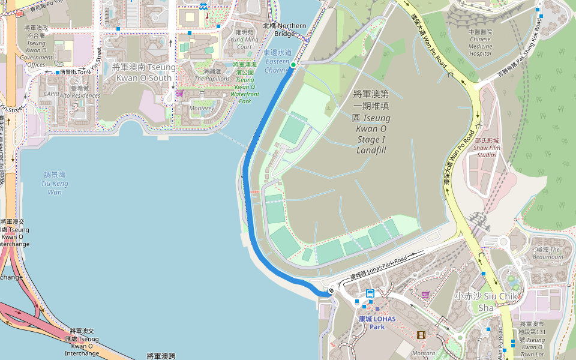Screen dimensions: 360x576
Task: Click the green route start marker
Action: point(293,64)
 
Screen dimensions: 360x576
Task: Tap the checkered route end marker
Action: point(331,291)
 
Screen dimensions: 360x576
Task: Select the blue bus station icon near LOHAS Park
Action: point(370,293)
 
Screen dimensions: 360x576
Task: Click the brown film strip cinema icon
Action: point(421,335)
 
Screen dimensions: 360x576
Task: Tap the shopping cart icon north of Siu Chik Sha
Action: point(425,295)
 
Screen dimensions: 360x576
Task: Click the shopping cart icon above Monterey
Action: point(179,94)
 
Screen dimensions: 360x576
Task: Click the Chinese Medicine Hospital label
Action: point(480,43)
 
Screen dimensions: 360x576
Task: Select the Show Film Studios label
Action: point(485,148)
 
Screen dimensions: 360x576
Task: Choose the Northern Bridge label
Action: point(285,29)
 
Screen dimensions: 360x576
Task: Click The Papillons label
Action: point(212,74)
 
